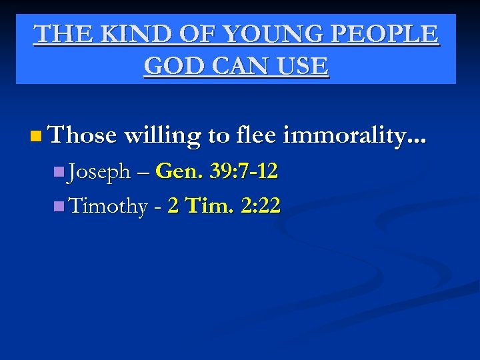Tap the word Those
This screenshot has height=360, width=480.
coord(83,136)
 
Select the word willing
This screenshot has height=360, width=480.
coord(162,136)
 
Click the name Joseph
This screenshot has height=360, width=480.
coord(99,173)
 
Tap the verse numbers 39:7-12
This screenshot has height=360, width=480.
coord(243,173)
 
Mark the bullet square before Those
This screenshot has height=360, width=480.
coord(35,137)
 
